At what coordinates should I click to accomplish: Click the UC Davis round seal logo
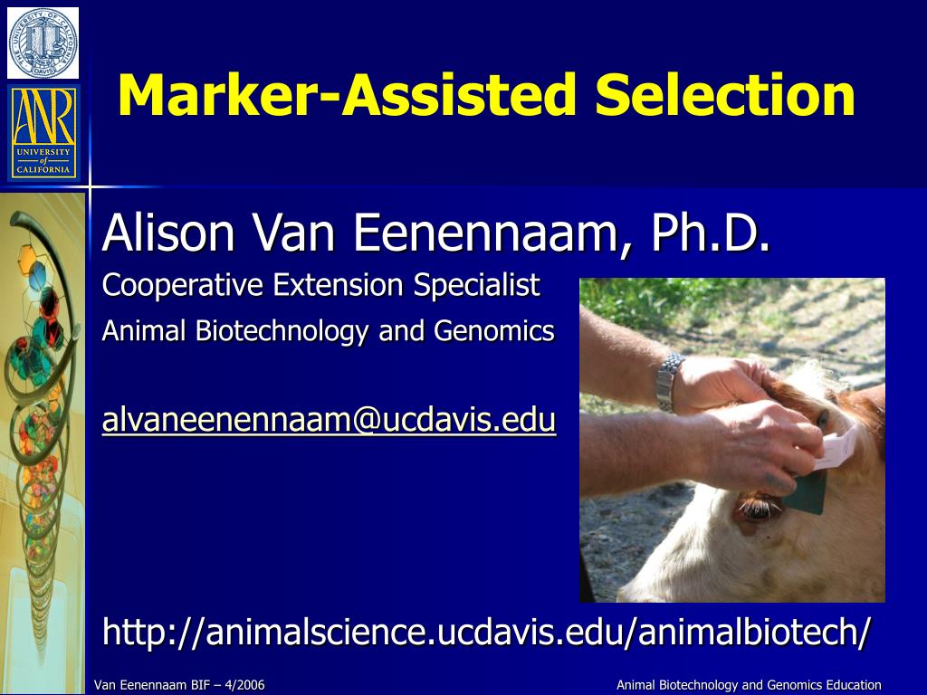(43, 43)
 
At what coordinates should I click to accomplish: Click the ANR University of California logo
(43, 132)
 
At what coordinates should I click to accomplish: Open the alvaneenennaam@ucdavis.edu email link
(329, 420)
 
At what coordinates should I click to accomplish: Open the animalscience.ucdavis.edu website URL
(487, 631)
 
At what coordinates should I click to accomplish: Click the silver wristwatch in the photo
(669, 381)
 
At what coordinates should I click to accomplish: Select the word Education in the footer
(854, 685)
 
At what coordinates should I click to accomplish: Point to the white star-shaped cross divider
(91, 187)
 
